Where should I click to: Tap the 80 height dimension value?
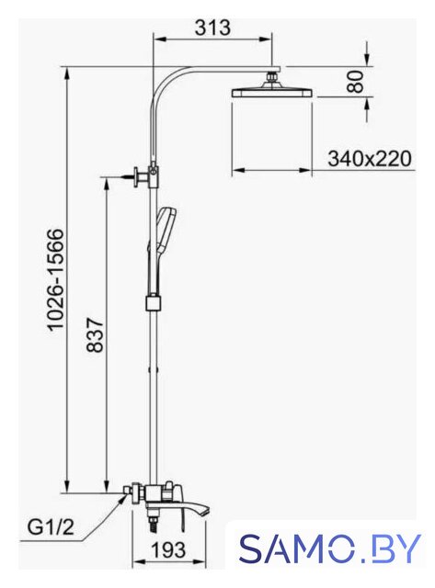(x=355, y=82)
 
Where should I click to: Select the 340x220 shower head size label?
(x=370, y=158)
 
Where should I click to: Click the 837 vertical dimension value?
(x=94, y=334)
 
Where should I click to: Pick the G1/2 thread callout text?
(x=51, y=528)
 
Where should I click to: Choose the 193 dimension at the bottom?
(x=167, y=549)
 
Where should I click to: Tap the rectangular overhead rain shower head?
(x=272, y=93)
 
